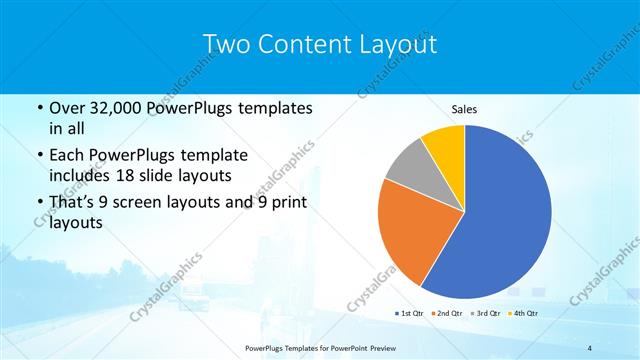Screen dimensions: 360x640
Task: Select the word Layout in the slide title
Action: tap(399, 44)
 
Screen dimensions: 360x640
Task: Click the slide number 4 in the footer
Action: tap(590, 347)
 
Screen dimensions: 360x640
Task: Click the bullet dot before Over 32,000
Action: tap(38, 108)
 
